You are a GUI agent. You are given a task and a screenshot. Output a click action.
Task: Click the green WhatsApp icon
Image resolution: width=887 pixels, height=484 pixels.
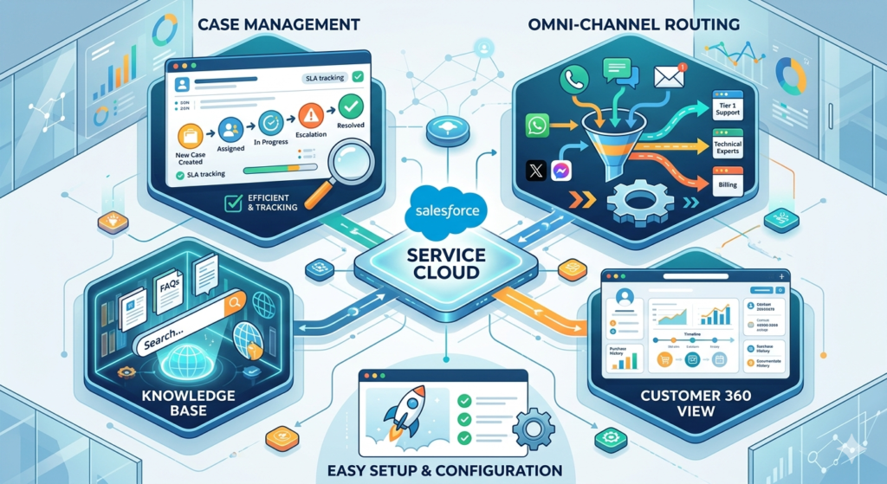pos(538,126)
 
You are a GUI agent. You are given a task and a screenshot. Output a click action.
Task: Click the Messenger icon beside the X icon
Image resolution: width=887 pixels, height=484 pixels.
pos(561,171)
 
